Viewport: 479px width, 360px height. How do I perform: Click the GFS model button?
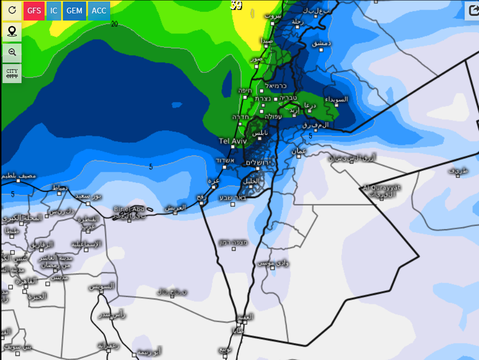tap(34, 11)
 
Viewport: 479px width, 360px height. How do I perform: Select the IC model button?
tap(54, 11)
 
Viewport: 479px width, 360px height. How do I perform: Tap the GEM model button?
tap(74, 11)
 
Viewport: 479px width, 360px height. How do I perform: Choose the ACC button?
tap(99, 11)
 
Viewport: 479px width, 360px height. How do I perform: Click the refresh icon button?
tap(12, 11)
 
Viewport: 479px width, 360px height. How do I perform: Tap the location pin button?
tap(12, 32)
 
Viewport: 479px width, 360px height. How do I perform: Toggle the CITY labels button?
tap(12, 73)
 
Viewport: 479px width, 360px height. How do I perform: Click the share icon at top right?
tap(472, 11)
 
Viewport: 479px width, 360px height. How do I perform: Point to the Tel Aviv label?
tap(233, 141)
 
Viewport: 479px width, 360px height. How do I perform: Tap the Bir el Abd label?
tap(129, 209)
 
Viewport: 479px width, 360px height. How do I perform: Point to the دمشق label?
tap(322, 43)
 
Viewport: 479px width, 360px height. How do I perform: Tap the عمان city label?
tap(299, 151)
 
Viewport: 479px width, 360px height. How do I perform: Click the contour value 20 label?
tap(114, 24)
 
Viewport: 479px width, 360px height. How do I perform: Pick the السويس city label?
tap(102, 286)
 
